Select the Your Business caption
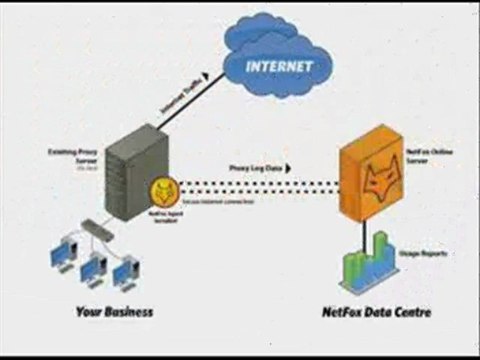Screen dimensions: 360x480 [115, 312]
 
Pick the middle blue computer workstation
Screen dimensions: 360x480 [93, 265]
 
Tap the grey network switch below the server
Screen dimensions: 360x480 [98, 228]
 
